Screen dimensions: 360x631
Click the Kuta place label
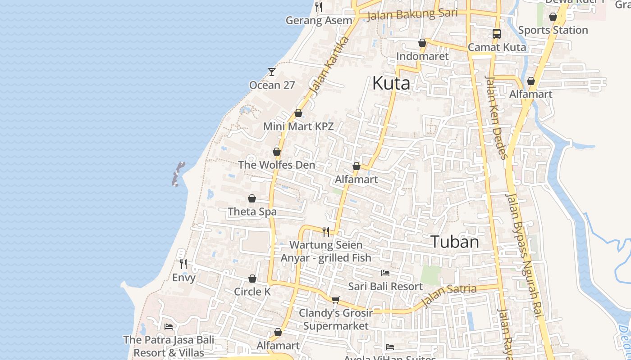coord(391,84)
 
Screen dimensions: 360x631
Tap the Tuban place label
coord(455,242)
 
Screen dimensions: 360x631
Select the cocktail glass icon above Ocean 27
coord(272,72)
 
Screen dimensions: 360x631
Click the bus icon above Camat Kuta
coord(497,33)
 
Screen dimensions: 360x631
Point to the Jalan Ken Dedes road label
coord(496,117)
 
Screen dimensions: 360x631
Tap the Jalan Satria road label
coord(449,294)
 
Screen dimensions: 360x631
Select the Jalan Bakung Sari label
coord(412,14)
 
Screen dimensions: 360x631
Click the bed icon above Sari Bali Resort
coord(385,273)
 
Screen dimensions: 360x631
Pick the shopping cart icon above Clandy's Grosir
coord(335,300)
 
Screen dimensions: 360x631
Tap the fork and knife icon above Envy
coord(183,264)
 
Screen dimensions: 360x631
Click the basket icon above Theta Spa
coord(252,198)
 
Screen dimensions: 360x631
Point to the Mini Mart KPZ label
coord(298,126)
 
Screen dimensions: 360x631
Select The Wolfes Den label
coord(277,165)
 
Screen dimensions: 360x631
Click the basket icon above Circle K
coord(252,279)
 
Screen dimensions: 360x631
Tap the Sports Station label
coord(553,30)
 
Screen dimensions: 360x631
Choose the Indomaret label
coord(422,56)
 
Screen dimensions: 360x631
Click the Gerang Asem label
coord(319,20)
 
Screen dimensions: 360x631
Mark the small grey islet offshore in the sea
coord(178,174)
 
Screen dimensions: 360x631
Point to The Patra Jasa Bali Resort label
coord(169,346)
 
